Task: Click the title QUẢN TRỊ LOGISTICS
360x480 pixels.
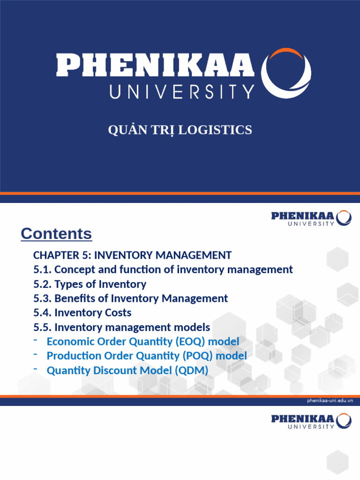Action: click(x=180, y=130)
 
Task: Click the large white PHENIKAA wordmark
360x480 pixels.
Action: click(x=155, y=66)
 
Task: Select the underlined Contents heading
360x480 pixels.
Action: click(x=56, y=233)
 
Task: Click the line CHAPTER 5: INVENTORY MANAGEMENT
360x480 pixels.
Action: click(x=132, y=255)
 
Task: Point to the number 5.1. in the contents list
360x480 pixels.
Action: click(x=43, y=270)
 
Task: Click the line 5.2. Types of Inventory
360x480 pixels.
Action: click(x=90, y=284)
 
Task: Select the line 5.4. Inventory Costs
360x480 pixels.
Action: click(x=82, y=313)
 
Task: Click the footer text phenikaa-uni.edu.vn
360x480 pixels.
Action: click(x=330, y=401)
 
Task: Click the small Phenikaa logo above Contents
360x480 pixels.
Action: click(x=311, y=218)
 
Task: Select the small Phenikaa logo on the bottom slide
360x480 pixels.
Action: click(x=311, y=420)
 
